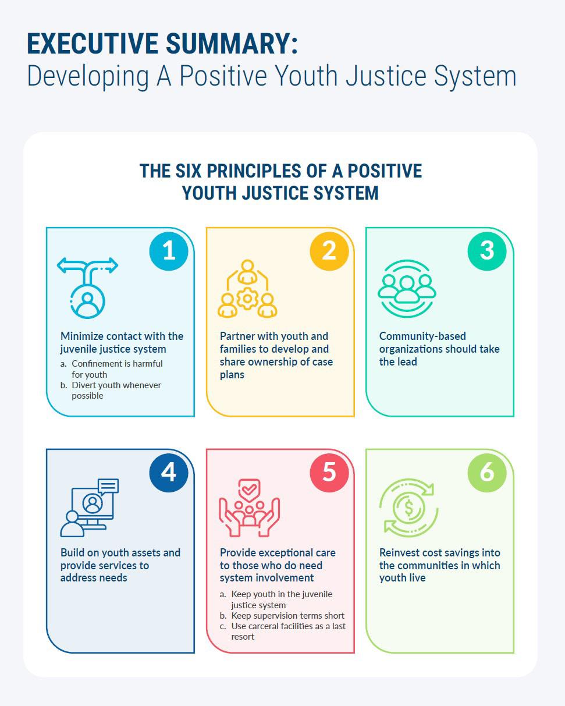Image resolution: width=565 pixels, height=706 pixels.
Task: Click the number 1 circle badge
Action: pos(169,251)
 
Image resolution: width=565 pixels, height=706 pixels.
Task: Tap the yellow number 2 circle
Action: pos(329,251)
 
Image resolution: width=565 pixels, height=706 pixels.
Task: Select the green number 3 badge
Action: pos(487,251)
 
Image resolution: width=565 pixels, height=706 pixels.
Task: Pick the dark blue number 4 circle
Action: pos(169,473)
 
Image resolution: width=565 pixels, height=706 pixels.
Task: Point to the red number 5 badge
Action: pos(329,473)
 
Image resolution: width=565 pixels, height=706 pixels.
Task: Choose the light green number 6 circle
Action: pos(487,473)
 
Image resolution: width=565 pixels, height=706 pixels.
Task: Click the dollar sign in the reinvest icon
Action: pos(408,508)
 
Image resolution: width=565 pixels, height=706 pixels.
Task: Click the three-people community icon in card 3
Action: pos(407,287)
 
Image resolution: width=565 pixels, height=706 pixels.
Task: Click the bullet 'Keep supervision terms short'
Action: pos(287,616)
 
